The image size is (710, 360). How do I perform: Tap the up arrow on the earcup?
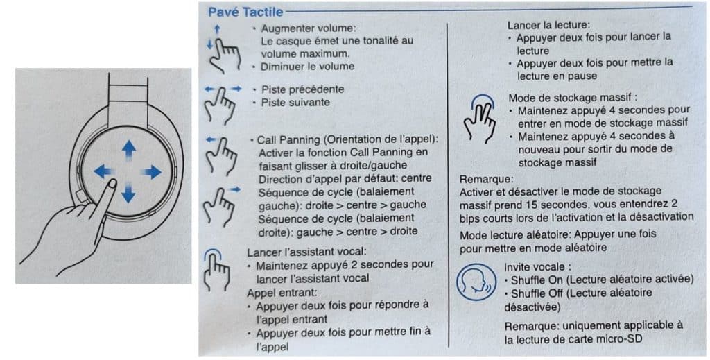pos(128,151)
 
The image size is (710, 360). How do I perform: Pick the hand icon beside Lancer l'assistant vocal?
pos(217,268)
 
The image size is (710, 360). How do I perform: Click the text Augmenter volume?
pos(308,28)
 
